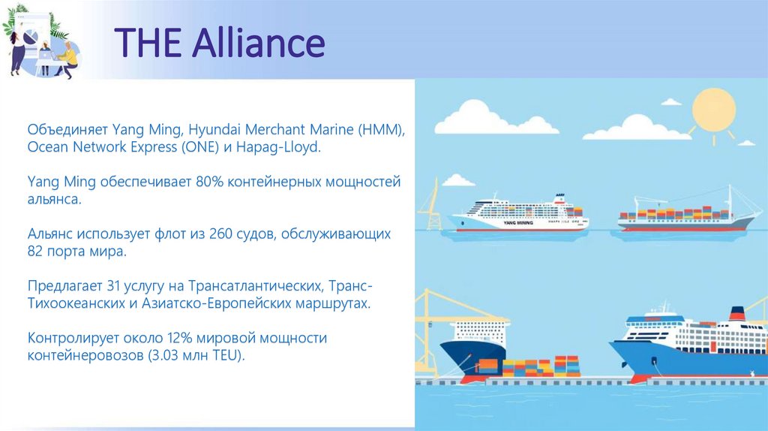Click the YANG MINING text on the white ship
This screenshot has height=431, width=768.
point(521,223)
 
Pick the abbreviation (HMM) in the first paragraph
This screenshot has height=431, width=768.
point(380,130)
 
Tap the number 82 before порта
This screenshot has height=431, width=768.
point(37,252)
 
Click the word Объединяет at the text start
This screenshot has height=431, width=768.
point(67,130)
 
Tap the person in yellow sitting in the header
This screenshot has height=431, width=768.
point(67,59)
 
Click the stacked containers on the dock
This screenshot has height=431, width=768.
point(540,366)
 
